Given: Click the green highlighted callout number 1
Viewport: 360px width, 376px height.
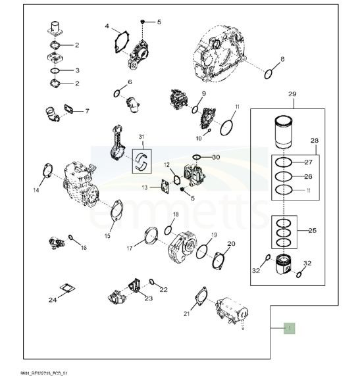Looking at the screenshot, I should (x=288, y=327).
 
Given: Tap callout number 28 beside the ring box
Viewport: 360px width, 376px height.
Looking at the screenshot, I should (x=314, y=141).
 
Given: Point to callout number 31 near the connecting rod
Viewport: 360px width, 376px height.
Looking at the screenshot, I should (x=140, y=136).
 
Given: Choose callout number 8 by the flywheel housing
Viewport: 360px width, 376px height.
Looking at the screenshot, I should (x=282, y=59).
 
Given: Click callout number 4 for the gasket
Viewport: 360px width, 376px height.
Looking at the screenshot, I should (x=107, y=26).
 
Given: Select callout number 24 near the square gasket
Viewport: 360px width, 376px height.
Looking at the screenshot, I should (x=53, y=300).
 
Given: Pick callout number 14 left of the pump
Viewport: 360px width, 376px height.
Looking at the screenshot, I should (x=36, y=191).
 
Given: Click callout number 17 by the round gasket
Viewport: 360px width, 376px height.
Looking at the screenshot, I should (x=130, y=248).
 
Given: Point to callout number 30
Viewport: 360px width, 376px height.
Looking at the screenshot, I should (x=216, y=158).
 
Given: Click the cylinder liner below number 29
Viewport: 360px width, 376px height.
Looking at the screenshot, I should (x=283, y=132).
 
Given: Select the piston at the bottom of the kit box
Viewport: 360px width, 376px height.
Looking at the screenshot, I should (x=287, y=266).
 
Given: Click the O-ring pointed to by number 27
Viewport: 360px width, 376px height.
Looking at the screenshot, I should (x=282, y=162).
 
